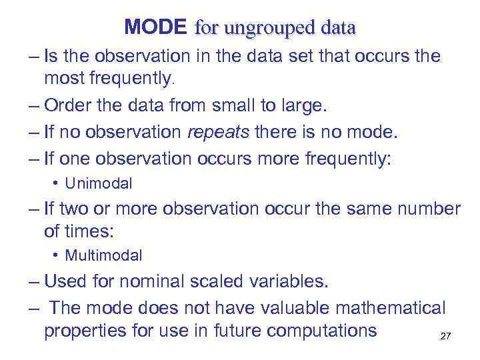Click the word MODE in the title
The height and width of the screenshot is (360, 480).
156,27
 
